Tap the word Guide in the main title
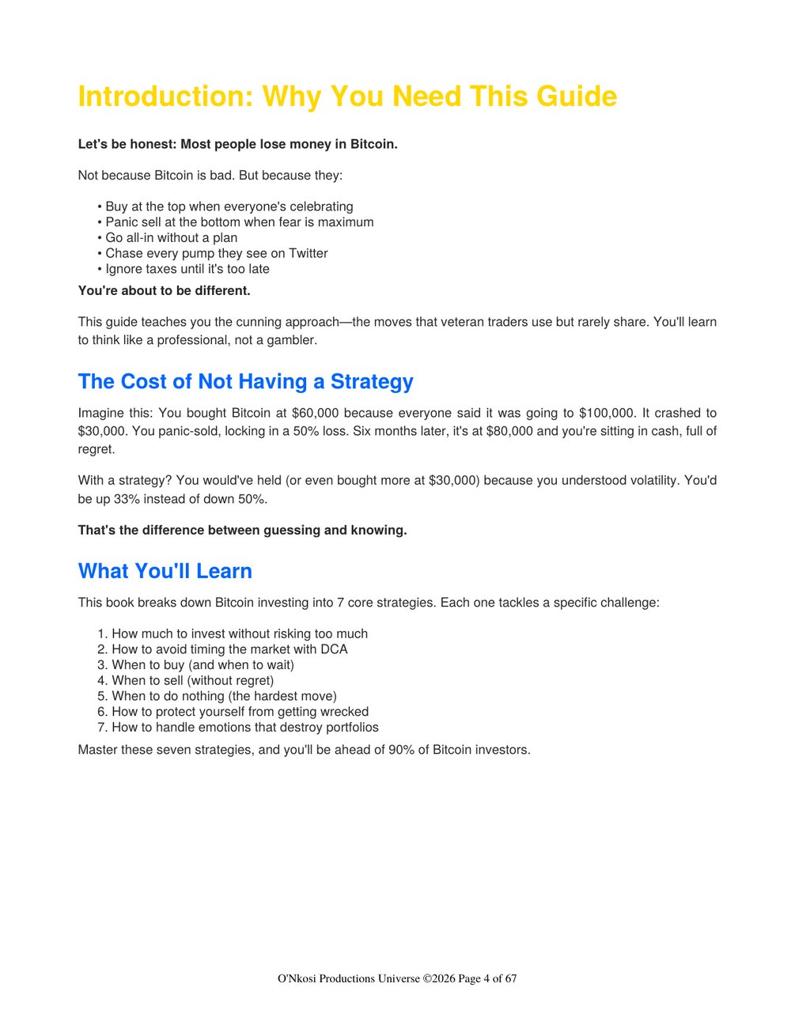(576, 96)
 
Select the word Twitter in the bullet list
(308, 253)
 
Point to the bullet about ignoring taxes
(187, 269)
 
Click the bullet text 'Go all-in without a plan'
(171, 238)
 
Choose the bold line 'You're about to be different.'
(164, 291)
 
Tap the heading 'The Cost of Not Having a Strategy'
(245, 382)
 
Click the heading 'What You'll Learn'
(165, 571)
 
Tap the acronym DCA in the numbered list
(334, 649)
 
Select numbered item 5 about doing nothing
(224, 696)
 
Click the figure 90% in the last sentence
(402, 750)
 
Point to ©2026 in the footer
(439, 979)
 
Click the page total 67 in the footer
(510, 979)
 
